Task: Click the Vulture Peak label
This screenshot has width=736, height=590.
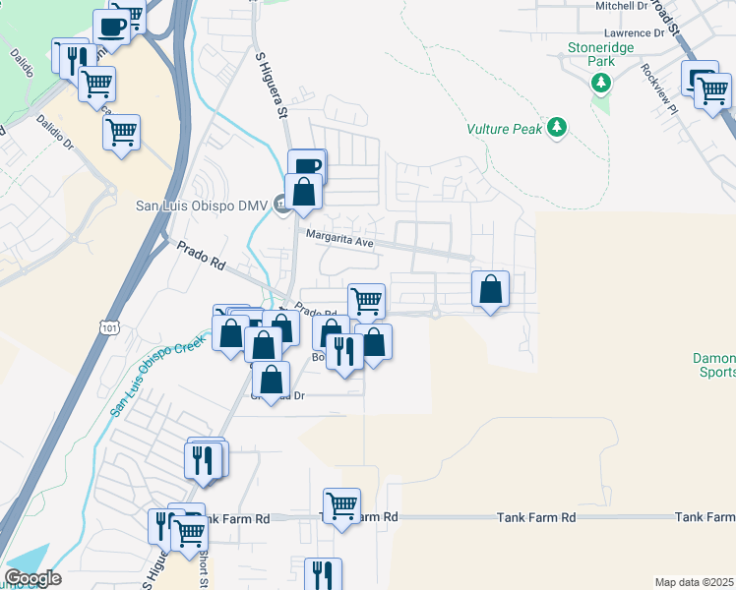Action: tap(504, 128)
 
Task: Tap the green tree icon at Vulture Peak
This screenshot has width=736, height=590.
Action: tap(558, 127)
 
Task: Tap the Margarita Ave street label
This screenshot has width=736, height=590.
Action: tap(341, 236)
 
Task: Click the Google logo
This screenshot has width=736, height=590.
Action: tap(32, 578)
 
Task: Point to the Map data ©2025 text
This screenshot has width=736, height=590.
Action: tap(694, 582)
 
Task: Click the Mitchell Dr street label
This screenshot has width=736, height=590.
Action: tap(622, 6)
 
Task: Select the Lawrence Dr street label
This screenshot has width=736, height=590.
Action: tap(622, 32)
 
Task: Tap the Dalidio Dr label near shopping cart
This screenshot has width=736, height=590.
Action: tap(55, 131)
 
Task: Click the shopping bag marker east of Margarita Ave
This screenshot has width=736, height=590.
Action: tap(490, 289)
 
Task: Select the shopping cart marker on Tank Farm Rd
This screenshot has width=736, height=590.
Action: tap(341, 506)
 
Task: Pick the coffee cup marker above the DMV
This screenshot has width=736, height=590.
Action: tap(307, 165)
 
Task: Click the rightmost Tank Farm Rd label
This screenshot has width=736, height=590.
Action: tap(705, 517)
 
